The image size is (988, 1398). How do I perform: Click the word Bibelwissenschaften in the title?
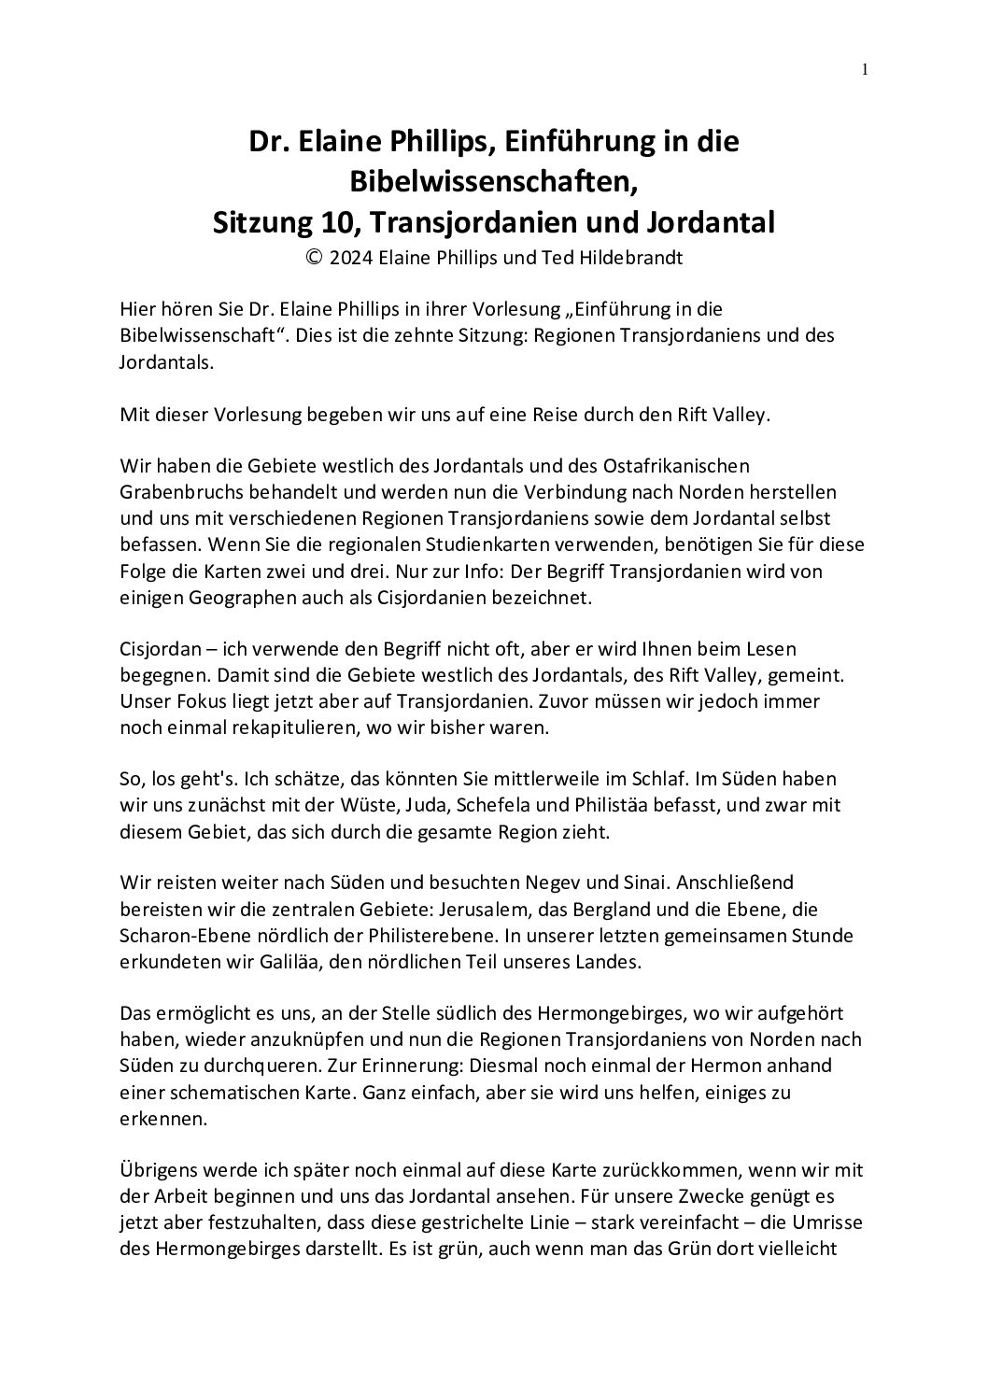(x=493, y=182)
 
